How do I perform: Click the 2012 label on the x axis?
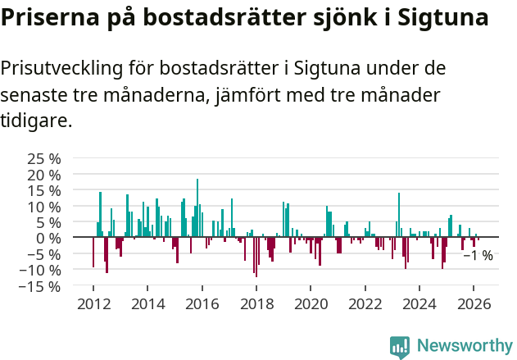coord(93,303)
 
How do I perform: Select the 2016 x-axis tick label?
coord(202,303)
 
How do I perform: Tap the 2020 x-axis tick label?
coord(311,303)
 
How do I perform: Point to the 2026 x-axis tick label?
coord(474,303)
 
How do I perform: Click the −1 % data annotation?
coord(478,256)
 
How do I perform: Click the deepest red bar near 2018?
coord(256,257)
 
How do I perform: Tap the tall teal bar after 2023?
coord(398,215)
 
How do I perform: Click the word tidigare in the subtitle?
coord(36,121)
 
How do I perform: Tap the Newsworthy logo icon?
coord(399,347)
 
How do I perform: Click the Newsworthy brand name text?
coord(464,347)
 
